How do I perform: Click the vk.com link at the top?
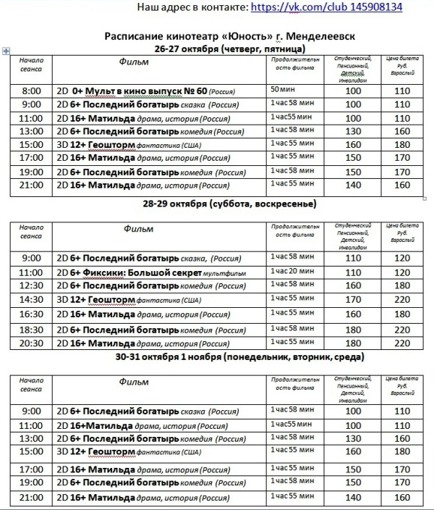click(325, 7)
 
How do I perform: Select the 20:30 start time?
click(31, 342)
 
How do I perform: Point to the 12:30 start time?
click(31, 285)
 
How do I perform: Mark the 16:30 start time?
click(31, 314)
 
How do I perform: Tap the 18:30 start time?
click(31, 329)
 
